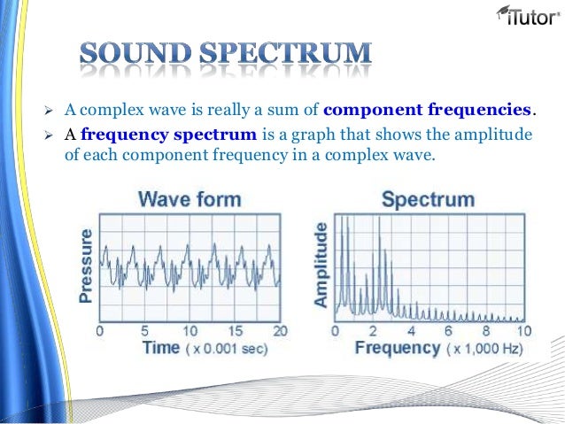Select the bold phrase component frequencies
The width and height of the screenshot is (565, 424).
tap(429, 111)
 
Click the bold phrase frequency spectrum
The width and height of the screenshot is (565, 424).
tap(168, 135)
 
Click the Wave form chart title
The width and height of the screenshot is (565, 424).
tap(189, 199)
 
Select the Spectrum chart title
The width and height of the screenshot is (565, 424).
tap(428, 199)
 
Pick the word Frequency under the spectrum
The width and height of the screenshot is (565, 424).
tap(398, 348)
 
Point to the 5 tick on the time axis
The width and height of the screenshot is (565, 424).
tap(144, 330)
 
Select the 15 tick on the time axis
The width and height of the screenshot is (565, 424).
tap(235, 330)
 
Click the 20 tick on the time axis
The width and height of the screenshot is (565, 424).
tap(279, 330)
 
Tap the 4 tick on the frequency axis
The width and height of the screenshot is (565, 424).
tap(410, 330)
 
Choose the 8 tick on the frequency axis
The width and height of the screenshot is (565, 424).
tap(486, 330)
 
